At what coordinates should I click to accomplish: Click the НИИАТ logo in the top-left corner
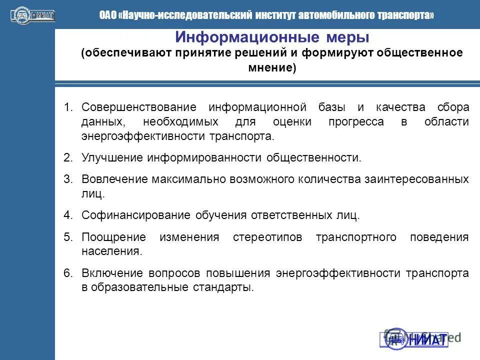point(32,15)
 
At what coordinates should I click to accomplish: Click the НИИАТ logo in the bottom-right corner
point(416,338)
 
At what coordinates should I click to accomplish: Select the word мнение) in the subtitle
point(272,68)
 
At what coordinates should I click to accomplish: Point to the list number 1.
point(68,107)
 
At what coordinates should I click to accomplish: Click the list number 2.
point(68,158)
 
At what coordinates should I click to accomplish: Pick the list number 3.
point(68,179)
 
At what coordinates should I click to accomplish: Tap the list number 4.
point(68,215)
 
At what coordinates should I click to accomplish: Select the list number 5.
point(68,237)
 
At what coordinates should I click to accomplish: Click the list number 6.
point(68,273)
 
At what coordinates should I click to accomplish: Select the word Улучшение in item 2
point(113,158)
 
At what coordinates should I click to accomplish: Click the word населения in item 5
point(111,251)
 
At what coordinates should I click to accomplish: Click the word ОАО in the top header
point(108,15)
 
